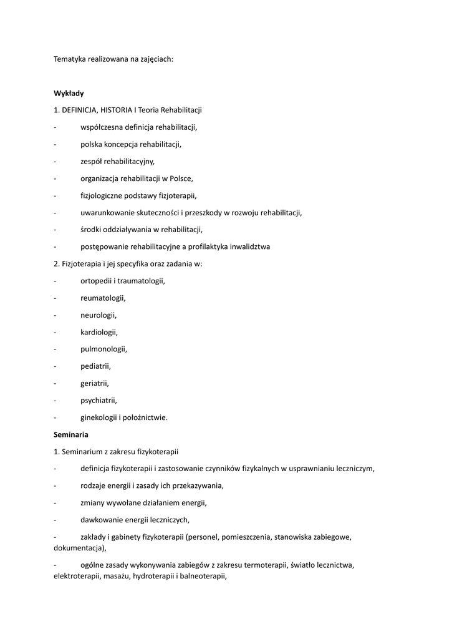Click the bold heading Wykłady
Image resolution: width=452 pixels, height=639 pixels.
tap(69, 93)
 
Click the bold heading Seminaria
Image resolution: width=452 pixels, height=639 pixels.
tap(71, 434)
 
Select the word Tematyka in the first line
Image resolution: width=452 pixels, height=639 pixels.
tap(70, 59)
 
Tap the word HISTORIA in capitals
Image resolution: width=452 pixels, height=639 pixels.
tap(117, 110)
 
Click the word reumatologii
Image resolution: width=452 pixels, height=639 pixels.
tap(103, 298)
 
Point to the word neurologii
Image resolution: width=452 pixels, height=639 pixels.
tap(99, 315)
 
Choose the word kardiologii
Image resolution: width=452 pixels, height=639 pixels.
tap(99, 332)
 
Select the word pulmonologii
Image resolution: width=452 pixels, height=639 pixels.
tap(103, 349)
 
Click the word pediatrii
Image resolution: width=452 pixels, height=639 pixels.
tap(95, 366)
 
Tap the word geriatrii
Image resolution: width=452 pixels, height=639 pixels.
tap(94, 383)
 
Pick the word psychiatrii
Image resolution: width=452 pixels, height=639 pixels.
tap(99, 400)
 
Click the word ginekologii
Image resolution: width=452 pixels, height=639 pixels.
tap(99, 417)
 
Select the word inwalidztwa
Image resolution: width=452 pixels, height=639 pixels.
tap(248, 246)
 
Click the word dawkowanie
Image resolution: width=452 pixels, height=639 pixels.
tap(100, 519)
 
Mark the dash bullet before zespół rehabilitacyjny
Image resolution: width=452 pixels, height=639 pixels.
tap(55, 162)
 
